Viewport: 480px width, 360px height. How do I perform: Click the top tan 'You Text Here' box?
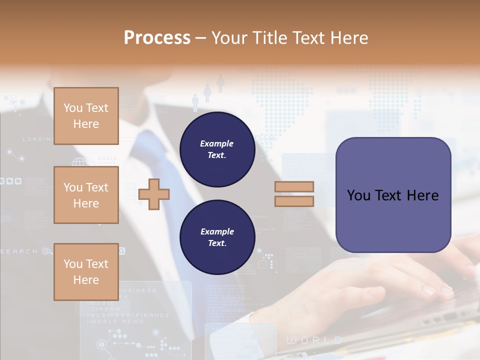tap(86, 116)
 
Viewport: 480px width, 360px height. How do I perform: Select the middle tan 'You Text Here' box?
tap(86, 195)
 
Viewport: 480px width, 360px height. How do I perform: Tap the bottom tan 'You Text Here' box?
tap(86, 272)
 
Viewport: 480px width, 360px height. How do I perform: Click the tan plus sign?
tap(154, 193)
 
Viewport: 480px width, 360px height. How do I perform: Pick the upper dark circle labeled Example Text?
tap(217, 149)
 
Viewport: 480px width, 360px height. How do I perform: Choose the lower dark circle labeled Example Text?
tap(217, 237)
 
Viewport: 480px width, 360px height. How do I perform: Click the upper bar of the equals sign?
tap(294, 187)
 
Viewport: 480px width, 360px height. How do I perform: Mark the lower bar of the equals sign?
tap(294, 201)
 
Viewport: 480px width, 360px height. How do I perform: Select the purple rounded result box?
tap(393, 195)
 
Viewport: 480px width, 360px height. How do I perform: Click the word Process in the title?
tap(157, 38)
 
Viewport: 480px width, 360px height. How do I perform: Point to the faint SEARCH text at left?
tap(19, 251)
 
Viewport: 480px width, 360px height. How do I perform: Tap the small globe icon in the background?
tap(79, 162)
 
